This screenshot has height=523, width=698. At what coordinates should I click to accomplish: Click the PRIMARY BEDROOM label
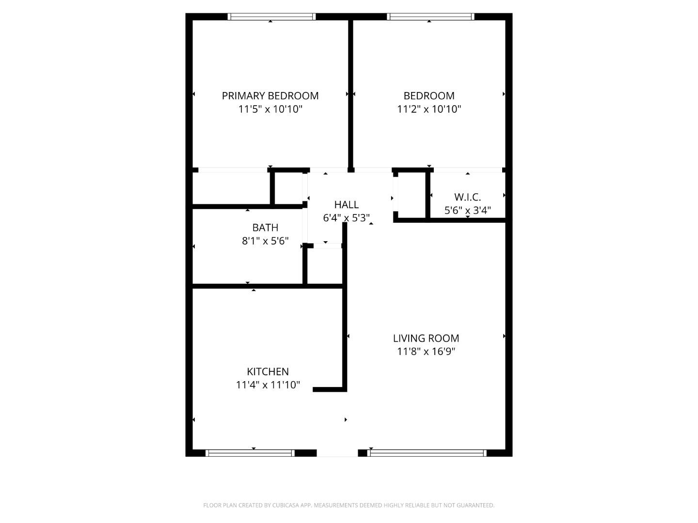(x=270, y=96)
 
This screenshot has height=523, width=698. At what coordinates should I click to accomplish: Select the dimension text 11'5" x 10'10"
(x=270, y=109)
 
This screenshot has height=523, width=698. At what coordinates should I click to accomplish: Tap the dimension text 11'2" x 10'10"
(x=429, y=109)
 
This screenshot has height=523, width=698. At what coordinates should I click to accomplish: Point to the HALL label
(x=346, y=205)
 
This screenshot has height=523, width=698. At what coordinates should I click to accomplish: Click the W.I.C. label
(x=467, y=197)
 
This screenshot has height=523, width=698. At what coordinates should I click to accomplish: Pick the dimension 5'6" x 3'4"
(x=467, y=211)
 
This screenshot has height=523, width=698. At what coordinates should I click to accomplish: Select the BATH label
(x=265, y=228)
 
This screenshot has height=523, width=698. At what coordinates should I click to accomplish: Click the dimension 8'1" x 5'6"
(x=265, y=241)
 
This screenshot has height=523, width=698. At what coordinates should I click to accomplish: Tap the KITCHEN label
(x=268, y=372)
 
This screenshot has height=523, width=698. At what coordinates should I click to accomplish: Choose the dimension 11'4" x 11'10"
(x=268, y=385)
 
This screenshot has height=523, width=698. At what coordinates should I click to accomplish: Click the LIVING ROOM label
(x=426, y=338)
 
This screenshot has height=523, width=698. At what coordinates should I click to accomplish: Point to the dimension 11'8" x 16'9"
(x=426, y=352)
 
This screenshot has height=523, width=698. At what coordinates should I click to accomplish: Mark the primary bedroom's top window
(x=271, y=17)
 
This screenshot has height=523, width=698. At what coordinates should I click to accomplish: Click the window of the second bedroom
(x=430, y=17)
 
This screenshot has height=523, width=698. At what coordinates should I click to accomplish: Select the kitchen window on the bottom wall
(x=250, y=453)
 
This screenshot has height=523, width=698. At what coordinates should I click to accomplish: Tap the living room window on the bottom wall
(x=427, y=453)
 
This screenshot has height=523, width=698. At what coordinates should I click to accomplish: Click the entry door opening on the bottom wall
(x=337, y=453)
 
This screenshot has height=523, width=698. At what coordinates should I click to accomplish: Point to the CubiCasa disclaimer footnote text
(x=349, y=505)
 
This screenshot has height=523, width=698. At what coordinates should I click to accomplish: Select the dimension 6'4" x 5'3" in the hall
(x=346, y=218)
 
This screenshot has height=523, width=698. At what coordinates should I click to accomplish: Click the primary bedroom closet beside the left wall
(x=231, y=188)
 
